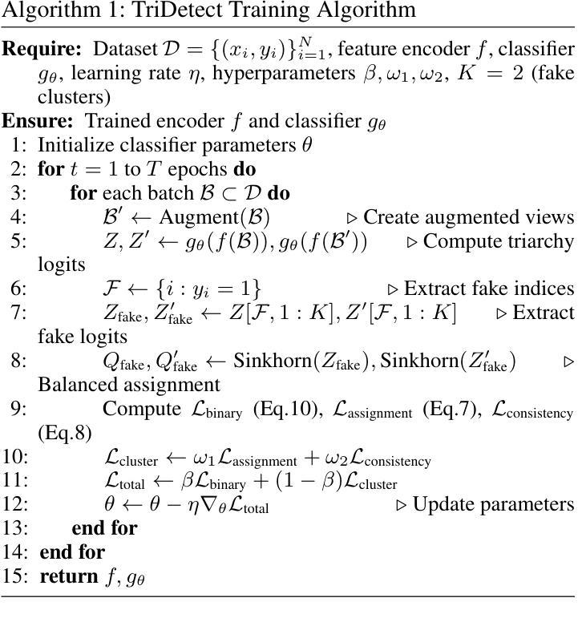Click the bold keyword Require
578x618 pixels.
pos(43,50)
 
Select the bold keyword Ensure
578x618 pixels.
pos(38,121)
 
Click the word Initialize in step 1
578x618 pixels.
pos(73,145)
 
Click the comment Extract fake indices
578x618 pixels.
pos(489,289)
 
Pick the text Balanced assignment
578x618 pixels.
pos(129,385)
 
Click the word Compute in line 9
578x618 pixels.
pos(141,409)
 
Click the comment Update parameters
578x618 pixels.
pos(493,504)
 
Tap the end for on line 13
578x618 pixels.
pos(103,527)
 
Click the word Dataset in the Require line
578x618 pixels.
pos(125,50)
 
